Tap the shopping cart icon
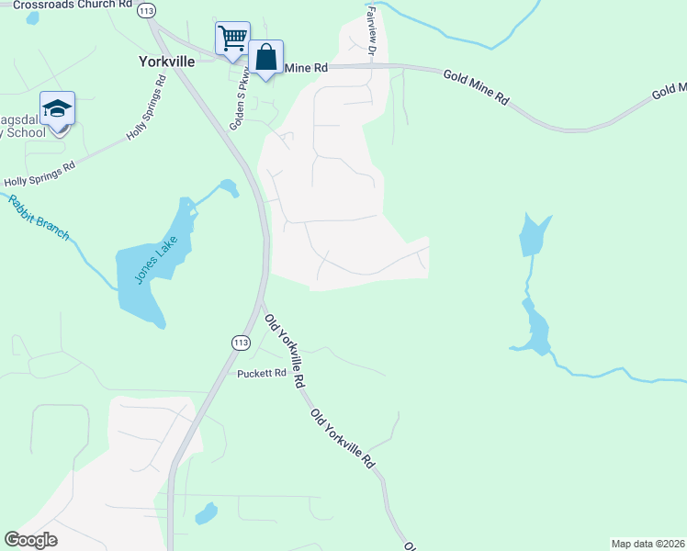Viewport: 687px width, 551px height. [233, 39]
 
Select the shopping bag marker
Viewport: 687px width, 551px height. [266, 58]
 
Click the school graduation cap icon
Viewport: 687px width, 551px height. [57, 109]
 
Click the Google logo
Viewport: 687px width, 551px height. [31, 540]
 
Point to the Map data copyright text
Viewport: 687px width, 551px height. [648, 543]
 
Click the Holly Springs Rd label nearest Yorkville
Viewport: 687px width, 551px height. [147, 107]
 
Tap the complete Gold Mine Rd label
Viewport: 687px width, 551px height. [476, 87]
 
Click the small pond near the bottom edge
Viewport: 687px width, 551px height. [207, 513]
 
